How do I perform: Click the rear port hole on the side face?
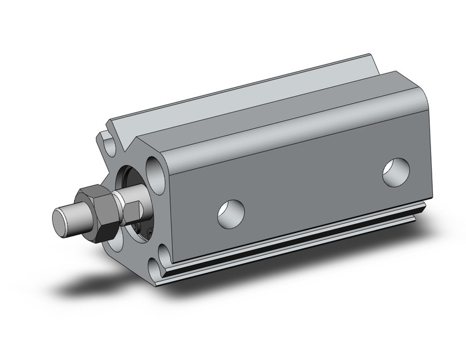tap(395, 172)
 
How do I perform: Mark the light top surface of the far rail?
tap(245, 92)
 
